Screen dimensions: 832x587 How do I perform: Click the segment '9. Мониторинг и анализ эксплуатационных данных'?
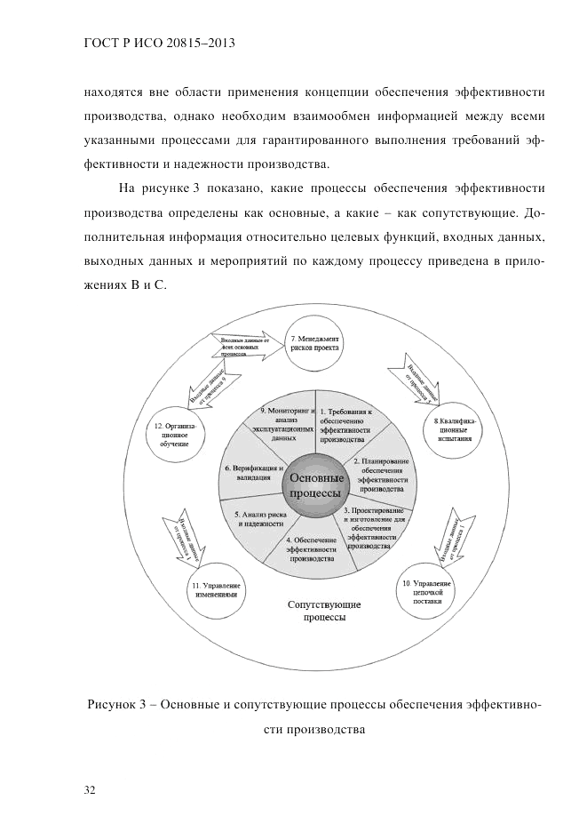tap(282, 423)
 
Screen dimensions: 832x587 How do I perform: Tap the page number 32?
tap(89, 788)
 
